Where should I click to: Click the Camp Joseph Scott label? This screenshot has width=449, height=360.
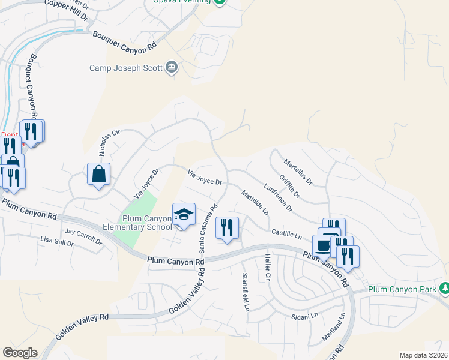coord(126,68)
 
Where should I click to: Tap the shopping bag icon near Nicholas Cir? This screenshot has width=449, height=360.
coord(98,175)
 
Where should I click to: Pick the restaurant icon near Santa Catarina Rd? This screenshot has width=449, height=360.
coord(227,228)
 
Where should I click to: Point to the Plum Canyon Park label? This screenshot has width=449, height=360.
coord(401,290)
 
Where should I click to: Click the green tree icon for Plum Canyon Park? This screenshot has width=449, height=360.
coord(445,289)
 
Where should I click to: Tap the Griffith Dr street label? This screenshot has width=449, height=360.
coord(289,185)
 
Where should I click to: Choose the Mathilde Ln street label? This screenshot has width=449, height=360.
coord(255,202)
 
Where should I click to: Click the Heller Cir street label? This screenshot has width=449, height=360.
coord(268,268)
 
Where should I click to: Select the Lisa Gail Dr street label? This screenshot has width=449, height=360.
coord(56,242)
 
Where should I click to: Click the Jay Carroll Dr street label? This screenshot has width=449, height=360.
coord(83,236)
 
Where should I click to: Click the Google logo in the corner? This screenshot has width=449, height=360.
coord(20,353)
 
